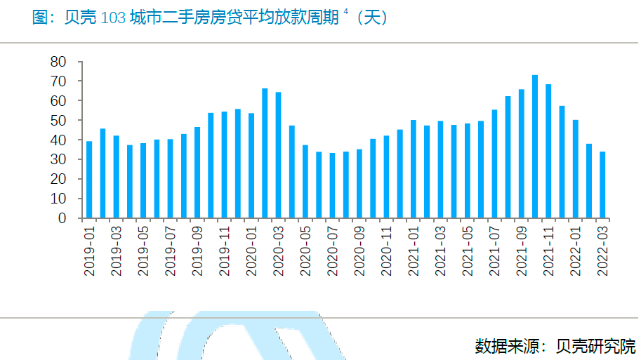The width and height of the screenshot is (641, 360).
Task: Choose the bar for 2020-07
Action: click(332, 185)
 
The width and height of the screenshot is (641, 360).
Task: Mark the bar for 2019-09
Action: click(197, 173)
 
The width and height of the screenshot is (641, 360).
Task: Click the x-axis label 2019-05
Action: click(143, 251)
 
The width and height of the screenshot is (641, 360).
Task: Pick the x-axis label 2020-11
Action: click(386, 251)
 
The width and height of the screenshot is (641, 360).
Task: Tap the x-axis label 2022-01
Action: click(575, 251)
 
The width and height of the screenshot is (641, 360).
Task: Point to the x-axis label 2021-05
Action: click(467, 251)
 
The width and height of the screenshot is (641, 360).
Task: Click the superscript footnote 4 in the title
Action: click(346, 12)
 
